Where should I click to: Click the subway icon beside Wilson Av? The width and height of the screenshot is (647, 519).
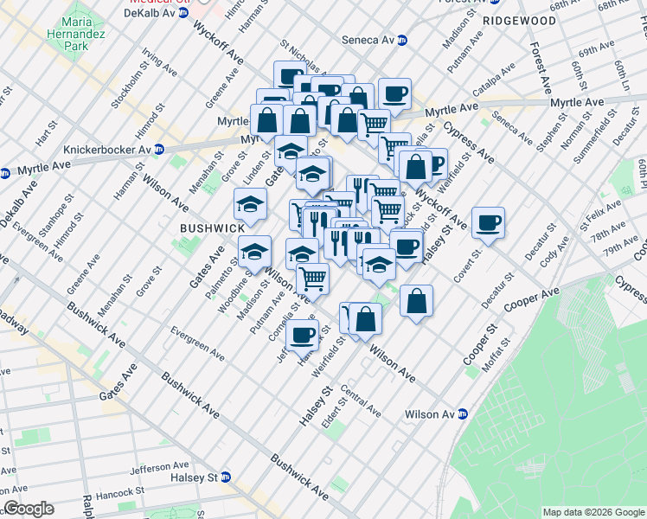(463, 414)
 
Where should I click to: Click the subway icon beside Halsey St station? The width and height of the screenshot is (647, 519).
(226, 477)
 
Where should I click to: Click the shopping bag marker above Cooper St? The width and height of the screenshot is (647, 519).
(416, 301)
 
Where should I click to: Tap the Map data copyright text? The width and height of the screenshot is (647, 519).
(593, 512)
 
